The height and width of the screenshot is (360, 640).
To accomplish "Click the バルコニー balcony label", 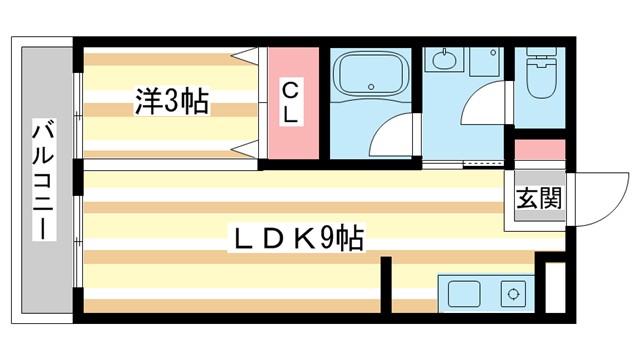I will pos(45,178).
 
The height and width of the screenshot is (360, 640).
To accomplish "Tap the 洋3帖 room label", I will pos(172,101).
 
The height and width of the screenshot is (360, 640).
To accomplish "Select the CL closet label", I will pos(290,103).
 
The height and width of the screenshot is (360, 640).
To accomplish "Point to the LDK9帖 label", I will pos(297,239).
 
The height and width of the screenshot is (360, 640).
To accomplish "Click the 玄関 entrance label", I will pos(538,198).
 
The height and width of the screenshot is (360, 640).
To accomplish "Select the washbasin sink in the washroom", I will pos(443,59).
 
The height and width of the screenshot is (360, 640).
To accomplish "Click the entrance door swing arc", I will pos(590,200).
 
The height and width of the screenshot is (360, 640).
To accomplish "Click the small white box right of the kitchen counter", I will pos(549,289).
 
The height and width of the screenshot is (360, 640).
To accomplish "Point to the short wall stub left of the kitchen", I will pos(385,287).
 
